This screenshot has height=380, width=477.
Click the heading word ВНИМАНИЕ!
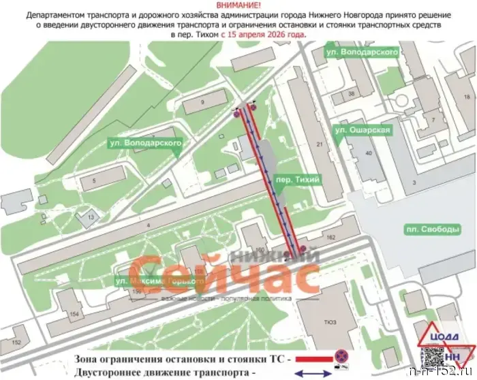(238, 5)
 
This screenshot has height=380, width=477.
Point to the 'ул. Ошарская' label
(363, 129)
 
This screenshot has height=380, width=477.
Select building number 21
(319, 144)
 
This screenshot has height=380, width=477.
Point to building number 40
(369, 153)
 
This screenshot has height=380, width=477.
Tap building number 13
(89, 217)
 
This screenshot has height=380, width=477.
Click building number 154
(74, 313)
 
